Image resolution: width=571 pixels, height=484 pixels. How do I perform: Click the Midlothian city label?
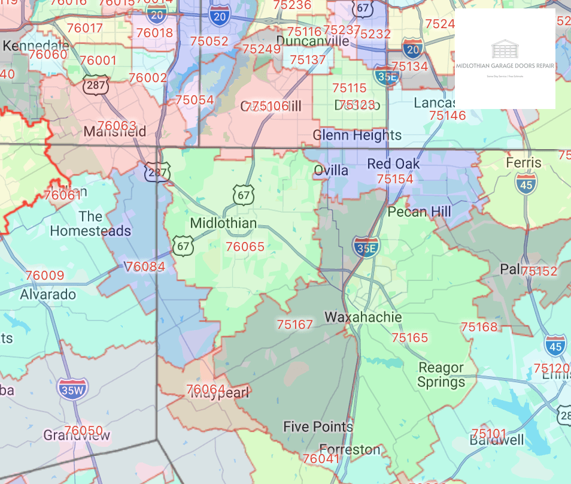point(223,223)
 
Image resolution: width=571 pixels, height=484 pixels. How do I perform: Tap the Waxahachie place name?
point(363,317)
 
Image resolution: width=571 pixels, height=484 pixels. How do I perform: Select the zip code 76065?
point(245,246)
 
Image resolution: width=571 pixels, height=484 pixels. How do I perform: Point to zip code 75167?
point(294,325)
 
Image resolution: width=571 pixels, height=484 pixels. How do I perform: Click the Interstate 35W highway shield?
point(72,389)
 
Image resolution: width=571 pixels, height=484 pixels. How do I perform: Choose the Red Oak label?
point(393,164)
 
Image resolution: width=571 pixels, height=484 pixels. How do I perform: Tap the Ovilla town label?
point(331,171)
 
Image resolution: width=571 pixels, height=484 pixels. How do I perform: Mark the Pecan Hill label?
point(420,211)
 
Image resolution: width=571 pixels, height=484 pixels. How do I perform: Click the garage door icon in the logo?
point(505,49)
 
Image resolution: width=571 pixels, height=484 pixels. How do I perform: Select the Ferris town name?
point(523,162)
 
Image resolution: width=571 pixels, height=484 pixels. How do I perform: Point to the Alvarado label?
point(48,294)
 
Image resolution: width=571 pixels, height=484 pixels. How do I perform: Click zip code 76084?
point(145,266)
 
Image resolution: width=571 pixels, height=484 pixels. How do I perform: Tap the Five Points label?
point(318,426)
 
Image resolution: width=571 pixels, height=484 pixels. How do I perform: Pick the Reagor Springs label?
point(441,375)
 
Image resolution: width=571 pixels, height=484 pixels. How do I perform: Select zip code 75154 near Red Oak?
point(395,179)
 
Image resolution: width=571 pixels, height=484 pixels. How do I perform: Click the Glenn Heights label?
point(357,135)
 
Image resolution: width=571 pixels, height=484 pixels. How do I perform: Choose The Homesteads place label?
point(90,223)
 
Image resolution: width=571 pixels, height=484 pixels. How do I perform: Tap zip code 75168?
point(479,326)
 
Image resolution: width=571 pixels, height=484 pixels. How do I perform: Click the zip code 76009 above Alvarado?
point(45,276)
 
